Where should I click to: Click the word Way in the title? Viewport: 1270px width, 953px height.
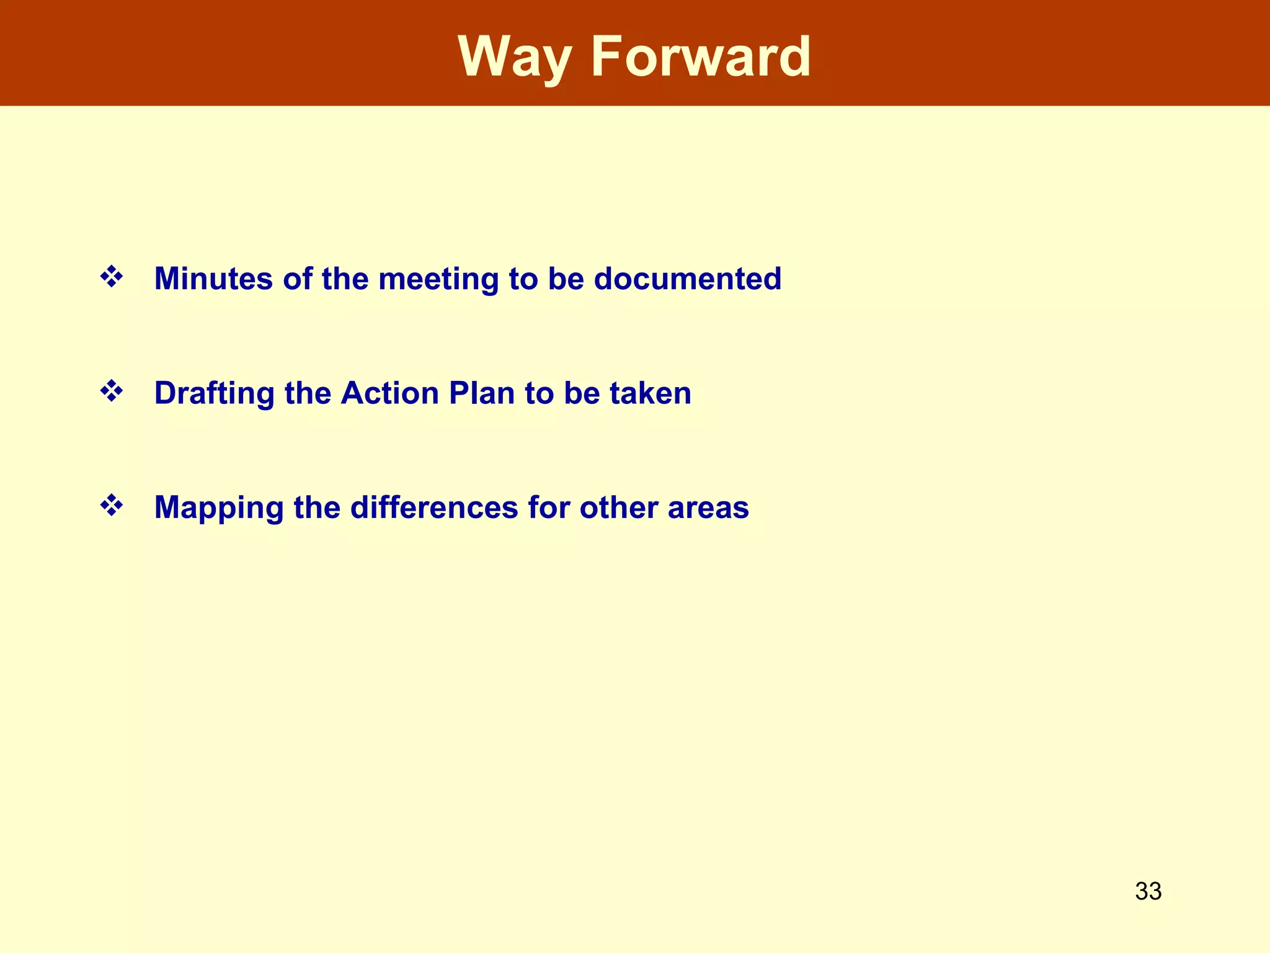tap(515, 57)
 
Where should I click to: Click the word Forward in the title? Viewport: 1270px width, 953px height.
tap(701, 57)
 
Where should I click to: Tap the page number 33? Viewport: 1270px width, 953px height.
tap(1148, 892)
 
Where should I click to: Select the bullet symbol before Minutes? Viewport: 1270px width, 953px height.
tap(112, 277)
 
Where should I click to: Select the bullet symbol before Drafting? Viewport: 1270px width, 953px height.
tap(112, 391)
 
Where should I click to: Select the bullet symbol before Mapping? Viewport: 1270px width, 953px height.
tap(112, 506)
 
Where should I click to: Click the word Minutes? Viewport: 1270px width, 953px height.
tap(213, 279)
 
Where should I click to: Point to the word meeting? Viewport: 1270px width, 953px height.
tap(438, 279)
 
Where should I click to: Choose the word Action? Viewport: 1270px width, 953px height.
tap(389, 393)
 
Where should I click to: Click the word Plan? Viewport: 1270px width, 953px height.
tap(482, 393)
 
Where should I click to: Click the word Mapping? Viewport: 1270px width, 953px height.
tap(219, 508)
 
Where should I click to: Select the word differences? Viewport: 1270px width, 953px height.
tap(433, 508)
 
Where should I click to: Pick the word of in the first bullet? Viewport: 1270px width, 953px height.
tap(297, 279)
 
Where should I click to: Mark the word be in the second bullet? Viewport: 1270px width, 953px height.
tap(582, 393)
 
